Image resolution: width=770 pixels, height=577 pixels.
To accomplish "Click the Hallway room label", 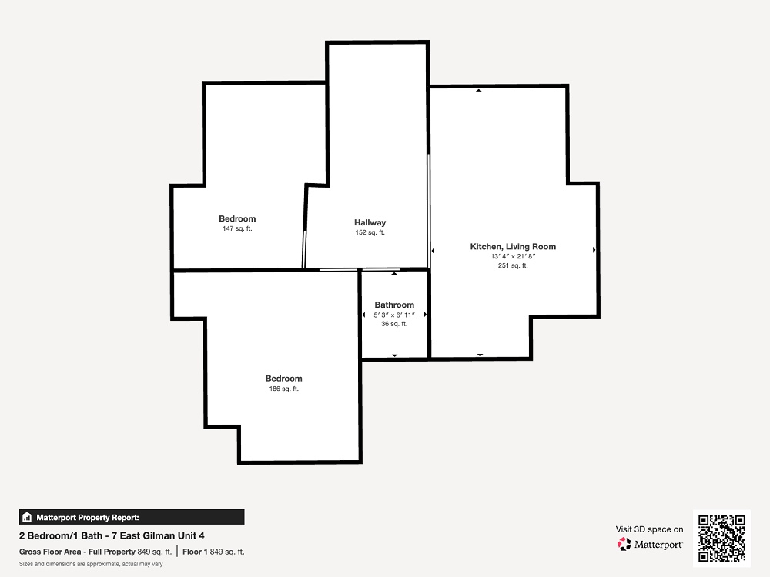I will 370,222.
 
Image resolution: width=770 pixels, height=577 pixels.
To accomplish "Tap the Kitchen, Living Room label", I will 513,247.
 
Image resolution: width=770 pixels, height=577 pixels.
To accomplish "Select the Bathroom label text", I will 394,305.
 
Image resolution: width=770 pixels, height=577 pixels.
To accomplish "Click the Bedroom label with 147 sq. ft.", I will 237,218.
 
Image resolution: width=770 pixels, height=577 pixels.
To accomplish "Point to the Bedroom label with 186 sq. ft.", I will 284,379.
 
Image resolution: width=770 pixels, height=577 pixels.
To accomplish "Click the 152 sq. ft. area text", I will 370,232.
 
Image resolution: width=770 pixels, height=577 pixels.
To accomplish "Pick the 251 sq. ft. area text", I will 513,266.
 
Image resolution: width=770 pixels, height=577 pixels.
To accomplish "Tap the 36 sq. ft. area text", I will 394,324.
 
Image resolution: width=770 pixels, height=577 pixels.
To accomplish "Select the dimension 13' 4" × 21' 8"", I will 513,257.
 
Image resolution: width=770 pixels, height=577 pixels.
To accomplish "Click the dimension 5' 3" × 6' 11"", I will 394,315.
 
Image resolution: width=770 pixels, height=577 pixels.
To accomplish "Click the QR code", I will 721,539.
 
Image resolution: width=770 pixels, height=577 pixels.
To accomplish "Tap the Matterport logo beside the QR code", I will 650,545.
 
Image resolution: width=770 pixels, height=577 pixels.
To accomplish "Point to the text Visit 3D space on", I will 649,529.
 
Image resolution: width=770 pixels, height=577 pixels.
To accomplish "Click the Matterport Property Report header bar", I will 132,517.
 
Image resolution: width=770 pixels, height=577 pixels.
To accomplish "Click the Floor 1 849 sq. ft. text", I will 213,552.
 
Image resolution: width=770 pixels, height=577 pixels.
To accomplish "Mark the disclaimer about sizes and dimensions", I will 91,564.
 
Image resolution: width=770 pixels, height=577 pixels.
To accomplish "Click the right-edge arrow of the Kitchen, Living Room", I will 594,250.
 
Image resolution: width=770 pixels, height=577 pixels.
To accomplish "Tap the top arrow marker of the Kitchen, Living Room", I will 478,91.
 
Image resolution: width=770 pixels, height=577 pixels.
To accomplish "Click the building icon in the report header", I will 26,517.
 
